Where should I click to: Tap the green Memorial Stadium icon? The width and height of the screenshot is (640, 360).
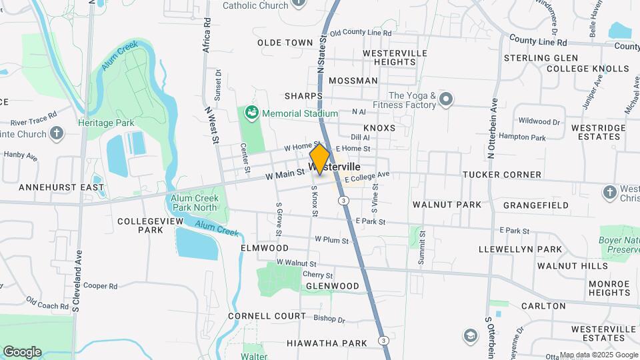click(251, 113)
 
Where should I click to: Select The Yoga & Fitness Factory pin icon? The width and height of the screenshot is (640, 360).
click(446, 100)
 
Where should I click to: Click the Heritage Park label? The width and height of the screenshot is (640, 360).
click(106, 123)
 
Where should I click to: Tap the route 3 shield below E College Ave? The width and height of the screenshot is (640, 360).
click(343, 200)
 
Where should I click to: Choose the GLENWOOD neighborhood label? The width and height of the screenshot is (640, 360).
click(332, 286)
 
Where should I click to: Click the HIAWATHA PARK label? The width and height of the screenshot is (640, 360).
click(327, 343)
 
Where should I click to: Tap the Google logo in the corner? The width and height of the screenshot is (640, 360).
click(22, 351)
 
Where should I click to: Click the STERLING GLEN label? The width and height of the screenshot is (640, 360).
click(541, 58)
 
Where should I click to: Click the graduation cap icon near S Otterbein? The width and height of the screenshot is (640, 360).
click(471, 335)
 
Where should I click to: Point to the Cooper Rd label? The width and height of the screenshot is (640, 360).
click(101, 286)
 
